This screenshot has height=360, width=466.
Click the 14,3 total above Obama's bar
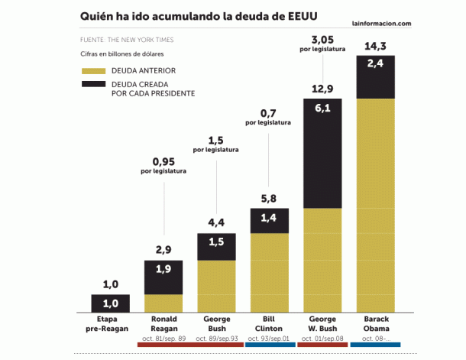pyautogui.click(x=376, y=45)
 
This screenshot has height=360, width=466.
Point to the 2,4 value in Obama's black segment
pyautogui.click(x=376, y=64)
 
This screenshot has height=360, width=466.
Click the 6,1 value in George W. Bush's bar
pyautogui.click(x=322, y=109)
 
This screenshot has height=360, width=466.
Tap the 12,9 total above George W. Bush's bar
pyautogui.click(x=322, y=89)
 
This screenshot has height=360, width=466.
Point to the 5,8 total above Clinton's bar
pyautogui.click(x=269, y=198)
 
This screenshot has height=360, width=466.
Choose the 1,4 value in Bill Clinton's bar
pyautogui.click(x=269, y=218)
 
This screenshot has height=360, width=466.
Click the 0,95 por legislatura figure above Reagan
pyautogui.click(x=163, y=161)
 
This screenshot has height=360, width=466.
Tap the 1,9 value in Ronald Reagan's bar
pyautogui.click(x=163, y=269)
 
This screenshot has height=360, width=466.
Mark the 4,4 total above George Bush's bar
pyautogui.click(x=216, y=223)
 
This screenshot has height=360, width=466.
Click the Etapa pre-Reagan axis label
pyautogui.click(x=111, y=323)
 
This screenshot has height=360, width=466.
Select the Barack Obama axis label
pyautogui.click(x=376, y=323)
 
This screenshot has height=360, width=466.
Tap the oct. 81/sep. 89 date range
pyautogui.click(x=163, y=339)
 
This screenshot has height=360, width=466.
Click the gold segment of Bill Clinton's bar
pyautogui.click(x=269, y=272)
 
